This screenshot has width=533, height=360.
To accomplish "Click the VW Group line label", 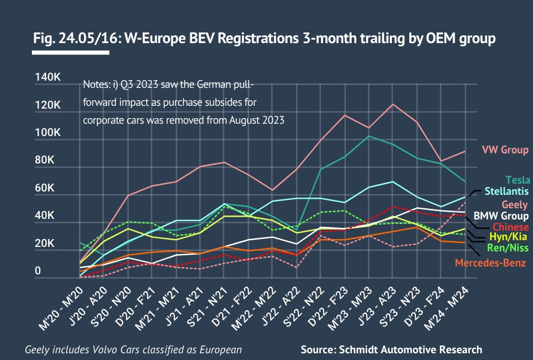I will coord(505,150).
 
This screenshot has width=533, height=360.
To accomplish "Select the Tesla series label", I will coord(517,180).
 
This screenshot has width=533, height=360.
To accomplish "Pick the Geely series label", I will coord(515,204).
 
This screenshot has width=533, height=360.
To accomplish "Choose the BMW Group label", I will coord(501,216).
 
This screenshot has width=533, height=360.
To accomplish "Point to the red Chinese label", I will coord(510,227).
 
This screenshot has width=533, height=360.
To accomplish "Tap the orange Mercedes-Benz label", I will coord(490,263).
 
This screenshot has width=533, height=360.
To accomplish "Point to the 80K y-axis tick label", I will coord(46,160).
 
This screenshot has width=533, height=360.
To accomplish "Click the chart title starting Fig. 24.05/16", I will coord(264,39).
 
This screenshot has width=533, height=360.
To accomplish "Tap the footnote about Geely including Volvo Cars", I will coord(133,350).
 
